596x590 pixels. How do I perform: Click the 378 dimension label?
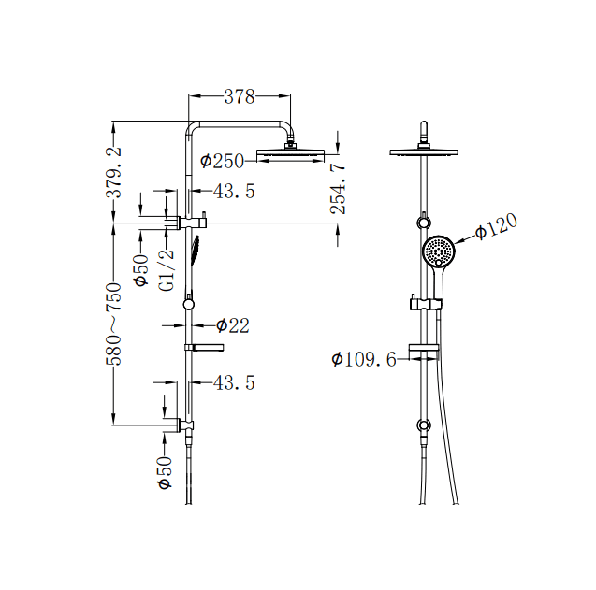point(239,95)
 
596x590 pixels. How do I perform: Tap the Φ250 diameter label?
point(222,162)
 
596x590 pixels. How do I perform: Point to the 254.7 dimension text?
point(339,189)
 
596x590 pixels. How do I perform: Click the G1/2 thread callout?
point(167,270)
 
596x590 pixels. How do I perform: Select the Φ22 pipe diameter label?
point(232,325)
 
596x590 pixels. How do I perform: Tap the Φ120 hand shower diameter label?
point(496,227)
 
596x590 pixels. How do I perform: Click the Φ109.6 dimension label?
point(364,359)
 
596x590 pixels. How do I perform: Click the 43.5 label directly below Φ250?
point(234,192)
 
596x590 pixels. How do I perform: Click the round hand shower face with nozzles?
point(439,251)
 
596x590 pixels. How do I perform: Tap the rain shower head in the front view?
point(427,151)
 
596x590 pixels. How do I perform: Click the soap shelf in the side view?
point(204,348)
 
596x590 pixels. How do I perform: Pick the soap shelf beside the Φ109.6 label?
point(424,353)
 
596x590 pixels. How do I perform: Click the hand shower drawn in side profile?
point(196,251)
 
